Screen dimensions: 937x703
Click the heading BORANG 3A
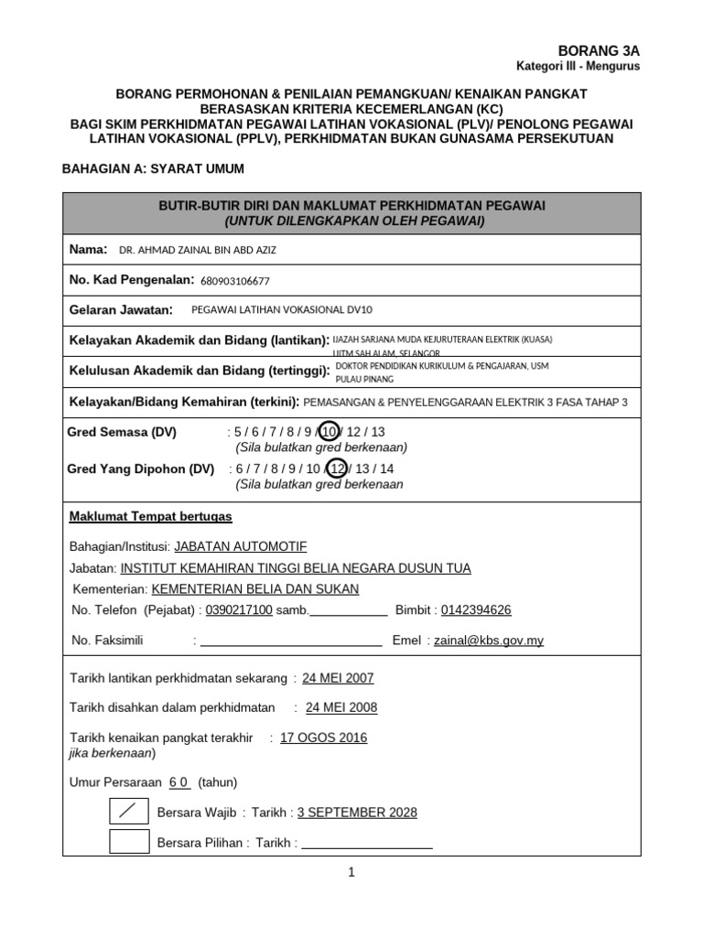(x=599, y=50)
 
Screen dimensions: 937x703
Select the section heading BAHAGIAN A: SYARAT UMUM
(x=152, y=168)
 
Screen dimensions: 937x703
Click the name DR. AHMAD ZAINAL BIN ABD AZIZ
(x=198, y=251)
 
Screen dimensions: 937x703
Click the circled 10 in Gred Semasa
(x=330, y=432)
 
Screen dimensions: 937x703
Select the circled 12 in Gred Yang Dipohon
(x=337, y=468)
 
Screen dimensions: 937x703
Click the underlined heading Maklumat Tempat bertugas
(x=151, y=517)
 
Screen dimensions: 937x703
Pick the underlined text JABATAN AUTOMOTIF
(x=240, y=546)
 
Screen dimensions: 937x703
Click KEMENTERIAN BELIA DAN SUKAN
(x=254, y=589)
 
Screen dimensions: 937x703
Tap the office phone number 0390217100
(x=239, y=610)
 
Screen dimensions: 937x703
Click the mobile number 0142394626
(x=476, y=610)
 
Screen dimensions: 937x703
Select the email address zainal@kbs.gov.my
(x=489, y=641)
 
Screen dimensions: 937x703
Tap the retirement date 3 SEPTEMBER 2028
(x=357, y=813)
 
